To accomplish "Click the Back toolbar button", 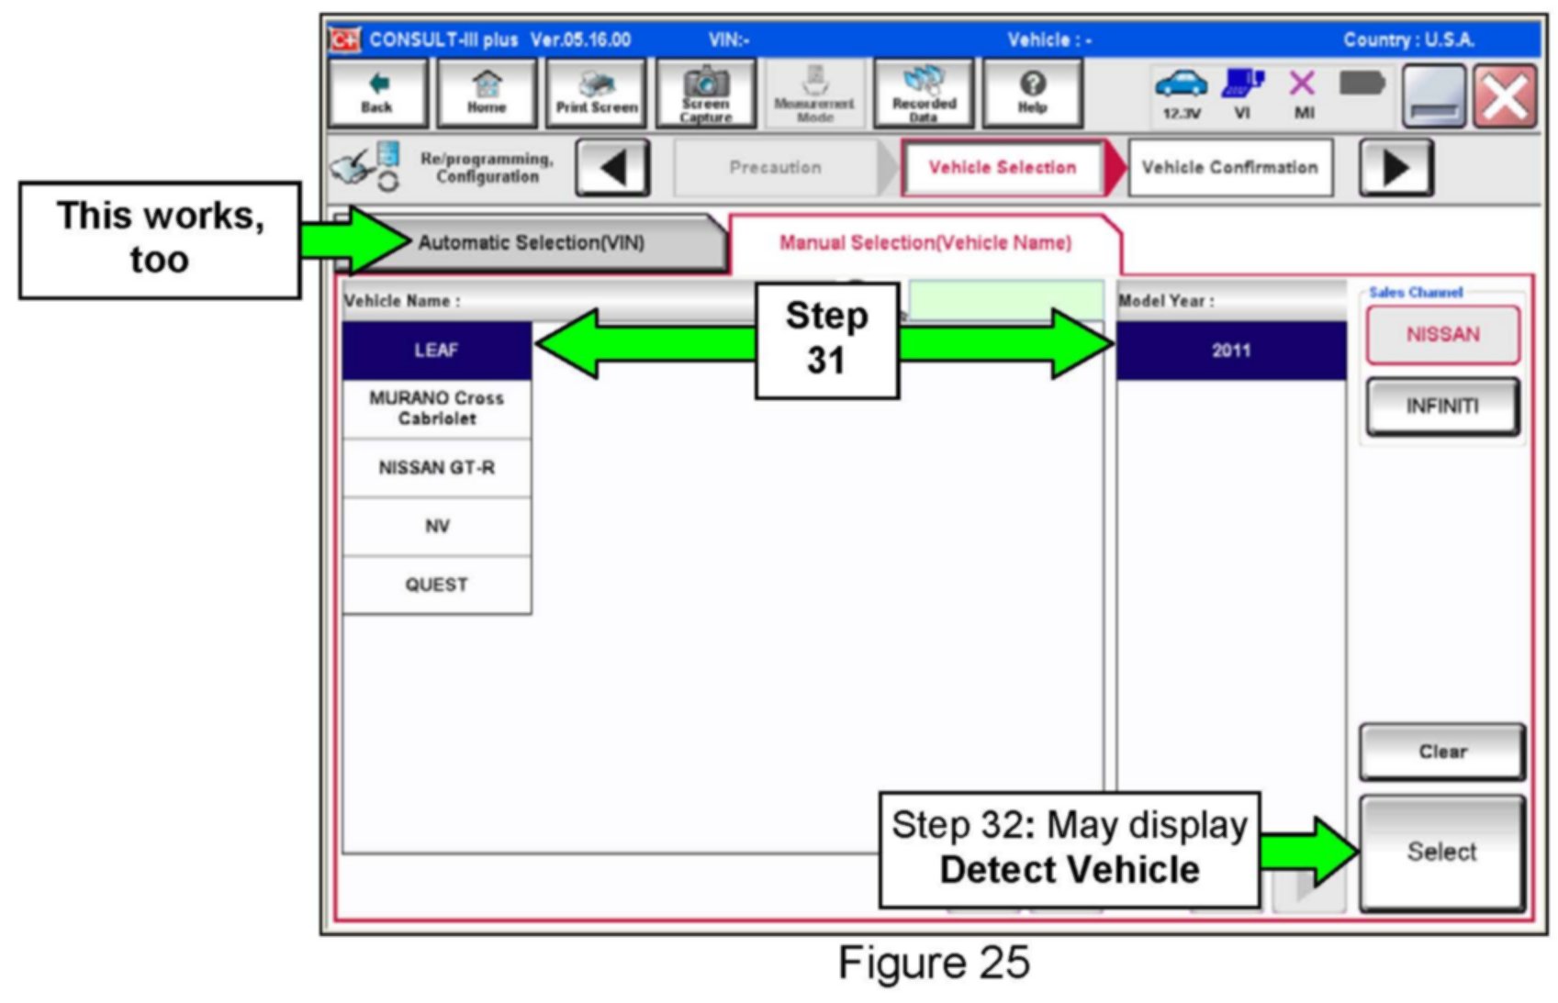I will click(x=377, y=93).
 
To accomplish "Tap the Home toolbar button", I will click(x=487, y=93).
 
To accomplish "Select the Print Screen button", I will click(x=597, y=93).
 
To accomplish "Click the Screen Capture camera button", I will click(x=705, y=93).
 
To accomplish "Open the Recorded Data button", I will click(x=924, y=93).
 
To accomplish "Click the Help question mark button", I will click(x=1032, y=93).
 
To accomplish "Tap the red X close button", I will click(x=1506, y=95).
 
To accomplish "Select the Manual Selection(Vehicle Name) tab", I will click(x=925, y=243).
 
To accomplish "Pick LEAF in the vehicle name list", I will click(x=436, y=351).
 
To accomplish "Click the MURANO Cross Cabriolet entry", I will click(x=436, y=408).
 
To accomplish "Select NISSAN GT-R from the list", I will click(x=436, y=468).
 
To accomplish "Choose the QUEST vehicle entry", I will click(x=436, y=585).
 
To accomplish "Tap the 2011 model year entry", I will click(x=1230, y=351).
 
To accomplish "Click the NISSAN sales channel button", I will click(x=1442, y=335).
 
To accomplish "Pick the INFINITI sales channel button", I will click(x=1442, y=407).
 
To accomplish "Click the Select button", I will click(x=1441, y=853).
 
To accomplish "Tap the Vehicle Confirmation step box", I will click(x=1229, y=168).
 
